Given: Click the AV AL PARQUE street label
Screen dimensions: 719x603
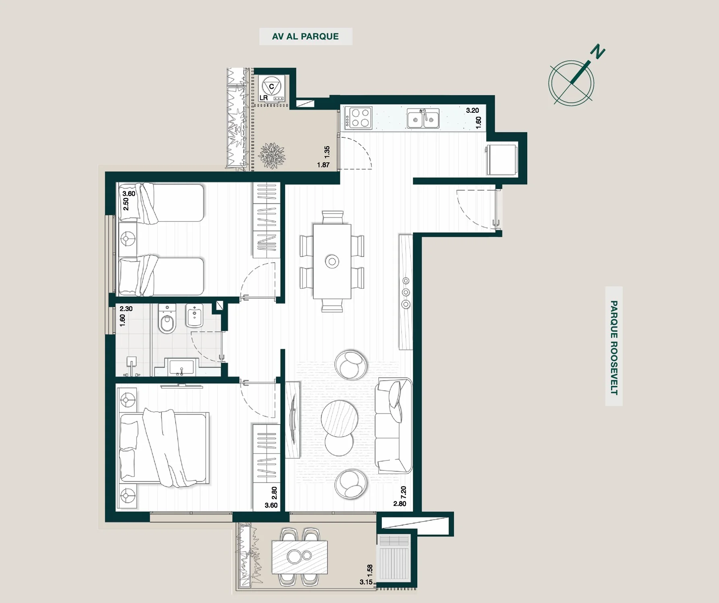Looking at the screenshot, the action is [305, 36].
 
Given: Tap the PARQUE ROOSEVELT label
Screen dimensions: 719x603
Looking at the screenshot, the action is [614, 348].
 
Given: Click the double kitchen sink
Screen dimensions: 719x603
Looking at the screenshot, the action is [423, 118].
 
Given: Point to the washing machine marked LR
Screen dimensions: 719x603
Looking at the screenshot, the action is [271, 88].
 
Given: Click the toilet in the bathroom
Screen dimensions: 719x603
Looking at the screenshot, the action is [167, 319].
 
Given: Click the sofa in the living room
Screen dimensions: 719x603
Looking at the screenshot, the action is [394, 425].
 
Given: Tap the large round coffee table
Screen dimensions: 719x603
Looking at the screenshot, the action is [339, 418].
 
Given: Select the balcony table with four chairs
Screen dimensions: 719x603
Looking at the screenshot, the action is [299, 556].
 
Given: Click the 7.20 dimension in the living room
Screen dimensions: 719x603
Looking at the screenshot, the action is [404, 492].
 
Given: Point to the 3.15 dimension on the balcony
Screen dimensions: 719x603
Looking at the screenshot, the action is [366, 582].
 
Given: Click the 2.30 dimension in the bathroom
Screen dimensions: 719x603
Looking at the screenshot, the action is [126, 309].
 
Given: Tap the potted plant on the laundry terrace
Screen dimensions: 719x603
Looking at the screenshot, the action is [272, 155].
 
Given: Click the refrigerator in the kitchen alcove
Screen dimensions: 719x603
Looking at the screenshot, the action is [502, 160].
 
